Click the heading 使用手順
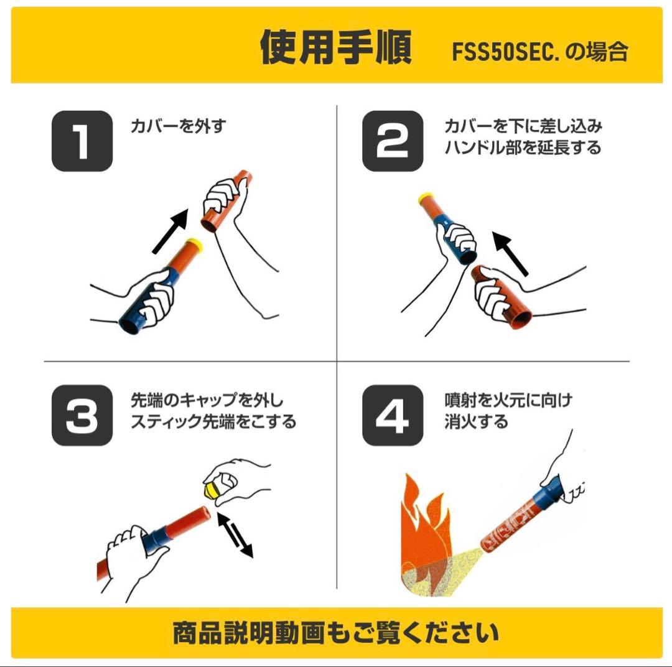pos(335,47)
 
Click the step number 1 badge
pos(82,141)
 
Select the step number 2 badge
pos(393,141)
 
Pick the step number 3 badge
pos(82,415)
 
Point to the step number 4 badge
pos(393,415)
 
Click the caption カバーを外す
pos(178,126)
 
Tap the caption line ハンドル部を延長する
pos(523,148)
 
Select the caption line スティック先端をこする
pos(213,422)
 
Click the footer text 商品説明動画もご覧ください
pos(335,633)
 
